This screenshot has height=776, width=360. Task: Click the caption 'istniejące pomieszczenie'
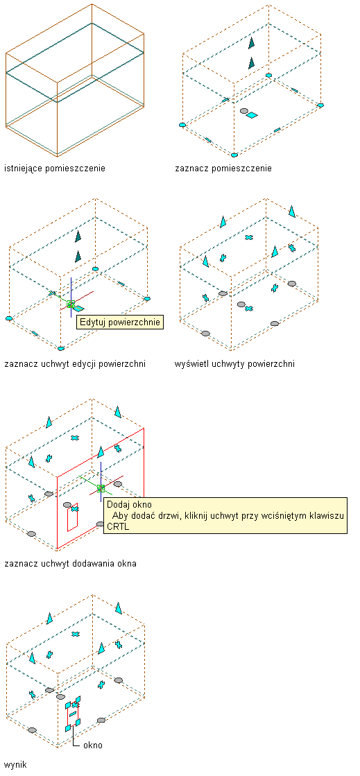pyautogui.click(x=55, y=169)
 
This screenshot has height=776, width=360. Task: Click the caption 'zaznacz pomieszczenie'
pyautogui.click(x=223, y=169)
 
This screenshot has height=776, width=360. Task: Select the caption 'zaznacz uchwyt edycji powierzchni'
pyautogui.click(x=75, y=364)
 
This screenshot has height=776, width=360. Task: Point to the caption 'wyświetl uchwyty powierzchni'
pyautogui.click(x=234, y=364)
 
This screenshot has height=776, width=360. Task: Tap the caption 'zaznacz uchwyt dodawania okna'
pyautogui.click(x=70, y=563)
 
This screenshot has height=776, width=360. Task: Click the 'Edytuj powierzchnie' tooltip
pyautogui.click(x=120, y=322)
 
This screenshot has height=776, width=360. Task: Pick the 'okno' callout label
pyautogui.click(x=92, y=745)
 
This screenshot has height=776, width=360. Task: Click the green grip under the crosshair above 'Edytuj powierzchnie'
pyautogui.click(x=71, y=304)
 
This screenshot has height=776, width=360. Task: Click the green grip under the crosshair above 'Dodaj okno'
pyautogui.click(x=101, y=488)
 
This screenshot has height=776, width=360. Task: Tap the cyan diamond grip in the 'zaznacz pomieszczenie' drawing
pyautogui.click(x=252, y=115)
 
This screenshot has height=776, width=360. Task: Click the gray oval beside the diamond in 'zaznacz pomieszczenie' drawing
pyautogui.click(x=243, y=112)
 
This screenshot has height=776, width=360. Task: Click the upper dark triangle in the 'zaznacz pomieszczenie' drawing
pyautogui.click(x=252, y=43)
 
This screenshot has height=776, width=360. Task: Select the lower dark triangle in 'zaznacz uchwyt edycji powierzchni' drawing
pyautogui.click(x=78, y=257)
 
